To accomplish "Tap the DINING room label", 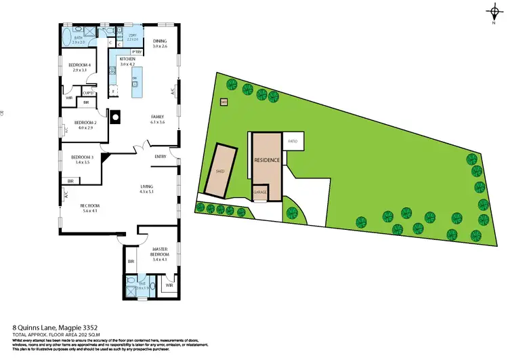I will coord(159,41).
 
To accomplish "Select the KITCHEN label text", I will coord(128,59).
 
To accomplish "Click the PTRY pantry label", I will coord(136,51).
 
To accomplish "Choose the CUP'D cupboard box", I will coord(87,92).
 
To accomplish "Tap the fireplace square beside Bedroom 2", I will coord(116,115).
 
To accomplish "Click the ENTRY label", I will coord(161,157).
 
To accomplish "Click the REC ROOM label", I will coord(89,205).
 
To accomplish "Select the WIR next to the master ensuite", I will coord(169,285).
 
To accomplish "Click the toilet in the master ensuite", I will coord(130,281).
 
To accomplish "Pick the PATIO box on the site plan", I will coord(293,142).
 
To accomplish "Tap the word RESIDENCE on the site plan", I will coord(267,161).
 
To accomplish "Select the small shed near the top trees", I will coord(224,102).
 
